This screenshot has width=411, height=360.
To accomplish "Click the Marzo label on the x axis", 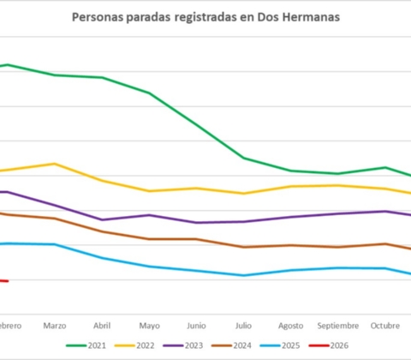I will [x=55, y=326].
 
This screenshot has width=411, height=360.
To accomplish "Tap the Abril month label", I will [x=102, y=326].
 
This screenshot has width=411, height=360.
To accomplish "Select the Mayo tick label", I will [x=149, y=326].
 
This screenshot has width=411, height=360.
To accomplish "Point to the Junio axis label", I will [x=196, y=326].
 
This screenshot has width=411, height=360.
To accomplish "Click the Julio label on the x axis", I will [x=243, y=326].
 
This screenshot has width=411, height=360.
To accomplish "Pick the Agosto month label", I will [x=291, y=326].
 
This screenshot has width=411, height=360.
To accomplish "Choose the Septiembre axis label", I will [x=338, y=326].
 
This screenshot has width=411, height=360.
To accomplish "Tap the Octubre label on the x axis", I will [x=385, y=326].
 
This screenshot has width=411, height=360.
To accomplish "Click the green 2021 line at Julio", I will [x=243, y=158].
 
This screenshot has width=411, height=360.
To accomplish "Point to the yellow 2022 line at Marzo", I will [x=55, y=164].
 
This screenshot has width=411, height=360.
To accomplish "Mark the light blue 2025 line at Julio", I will [x=243, y=275].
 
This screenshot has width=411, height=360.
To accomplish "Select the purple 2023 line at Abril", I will [x=102, y=219].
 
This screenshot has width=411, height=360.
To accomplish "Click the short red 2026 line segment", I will [x=3, y=279].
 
